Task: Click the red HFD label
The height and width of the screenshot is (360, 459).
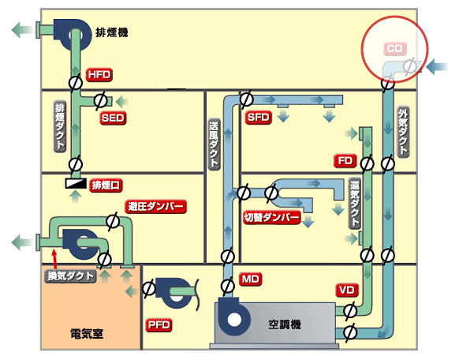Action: click(99, 75)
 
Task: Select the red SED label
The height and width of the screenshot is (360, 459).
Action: click(113, 118)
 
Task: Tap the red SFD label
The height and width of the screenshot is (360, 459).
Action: click(258, 118)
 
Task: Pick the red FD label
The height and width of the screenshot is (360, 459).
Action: click(345, 161)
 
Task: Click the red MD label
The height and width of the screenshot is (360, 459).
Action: click(251, 279)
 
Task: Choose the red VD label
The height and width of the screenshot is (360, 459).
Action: click(347, 291)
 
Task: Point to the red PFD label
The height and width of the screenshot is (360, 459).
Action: click(159, 324)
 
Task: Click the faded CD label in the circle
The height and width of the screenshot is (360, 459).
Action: click(395, 48)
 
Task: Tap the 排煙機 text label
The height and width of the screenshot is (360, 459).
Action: click(112, 32)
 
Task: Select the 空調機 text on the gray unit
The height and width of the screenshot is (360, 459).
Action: click(285, 324)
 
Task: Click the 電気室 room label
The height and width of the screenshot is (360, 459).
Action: click(87, 334)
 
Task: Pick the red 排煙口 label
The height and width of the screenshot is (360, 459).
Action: click(106, 186)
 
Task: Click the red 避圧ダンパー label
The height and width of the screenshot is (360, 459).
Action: click(155, 207)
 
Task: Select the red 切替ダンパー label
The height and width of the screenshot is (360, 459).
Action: click(272, 218)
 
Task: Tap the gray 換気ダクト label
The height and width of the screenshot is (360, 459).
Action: click(70, 276)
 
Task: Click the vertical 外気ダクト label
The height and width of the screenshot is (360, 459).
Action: click(403, 133)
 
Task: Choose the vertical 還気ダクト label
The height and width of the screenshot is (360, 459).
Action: click(354, 203)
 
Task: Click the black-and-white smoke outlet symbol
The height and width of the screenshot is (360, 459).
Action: click(76, 183)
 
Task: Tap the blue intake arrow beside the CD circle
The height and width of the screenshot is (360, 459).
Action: click(437, 67)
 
